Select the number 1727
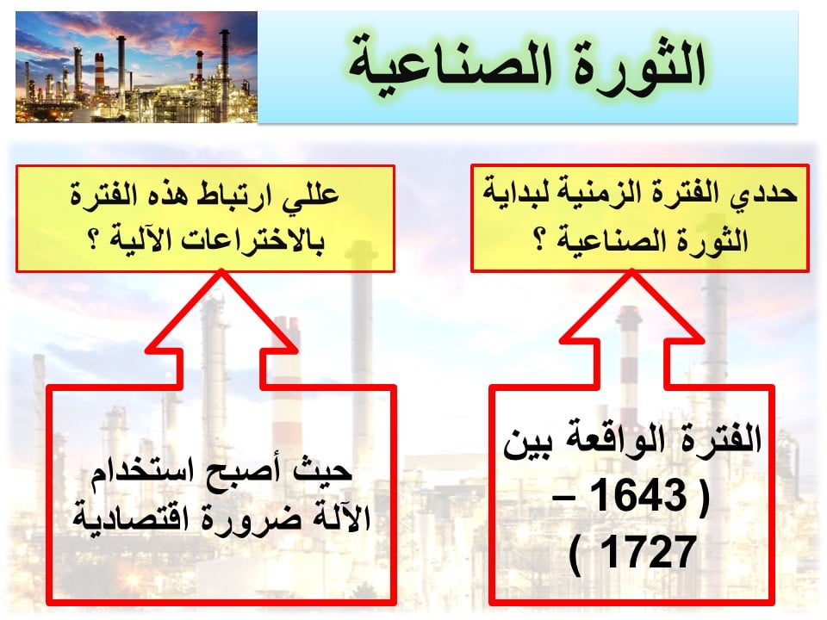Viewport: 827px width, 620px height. [648, 552]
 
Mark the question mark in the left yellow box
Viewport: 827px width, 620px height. [95, 240]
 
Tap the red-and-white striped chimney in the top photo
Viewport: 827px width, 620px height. [98, 74]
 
